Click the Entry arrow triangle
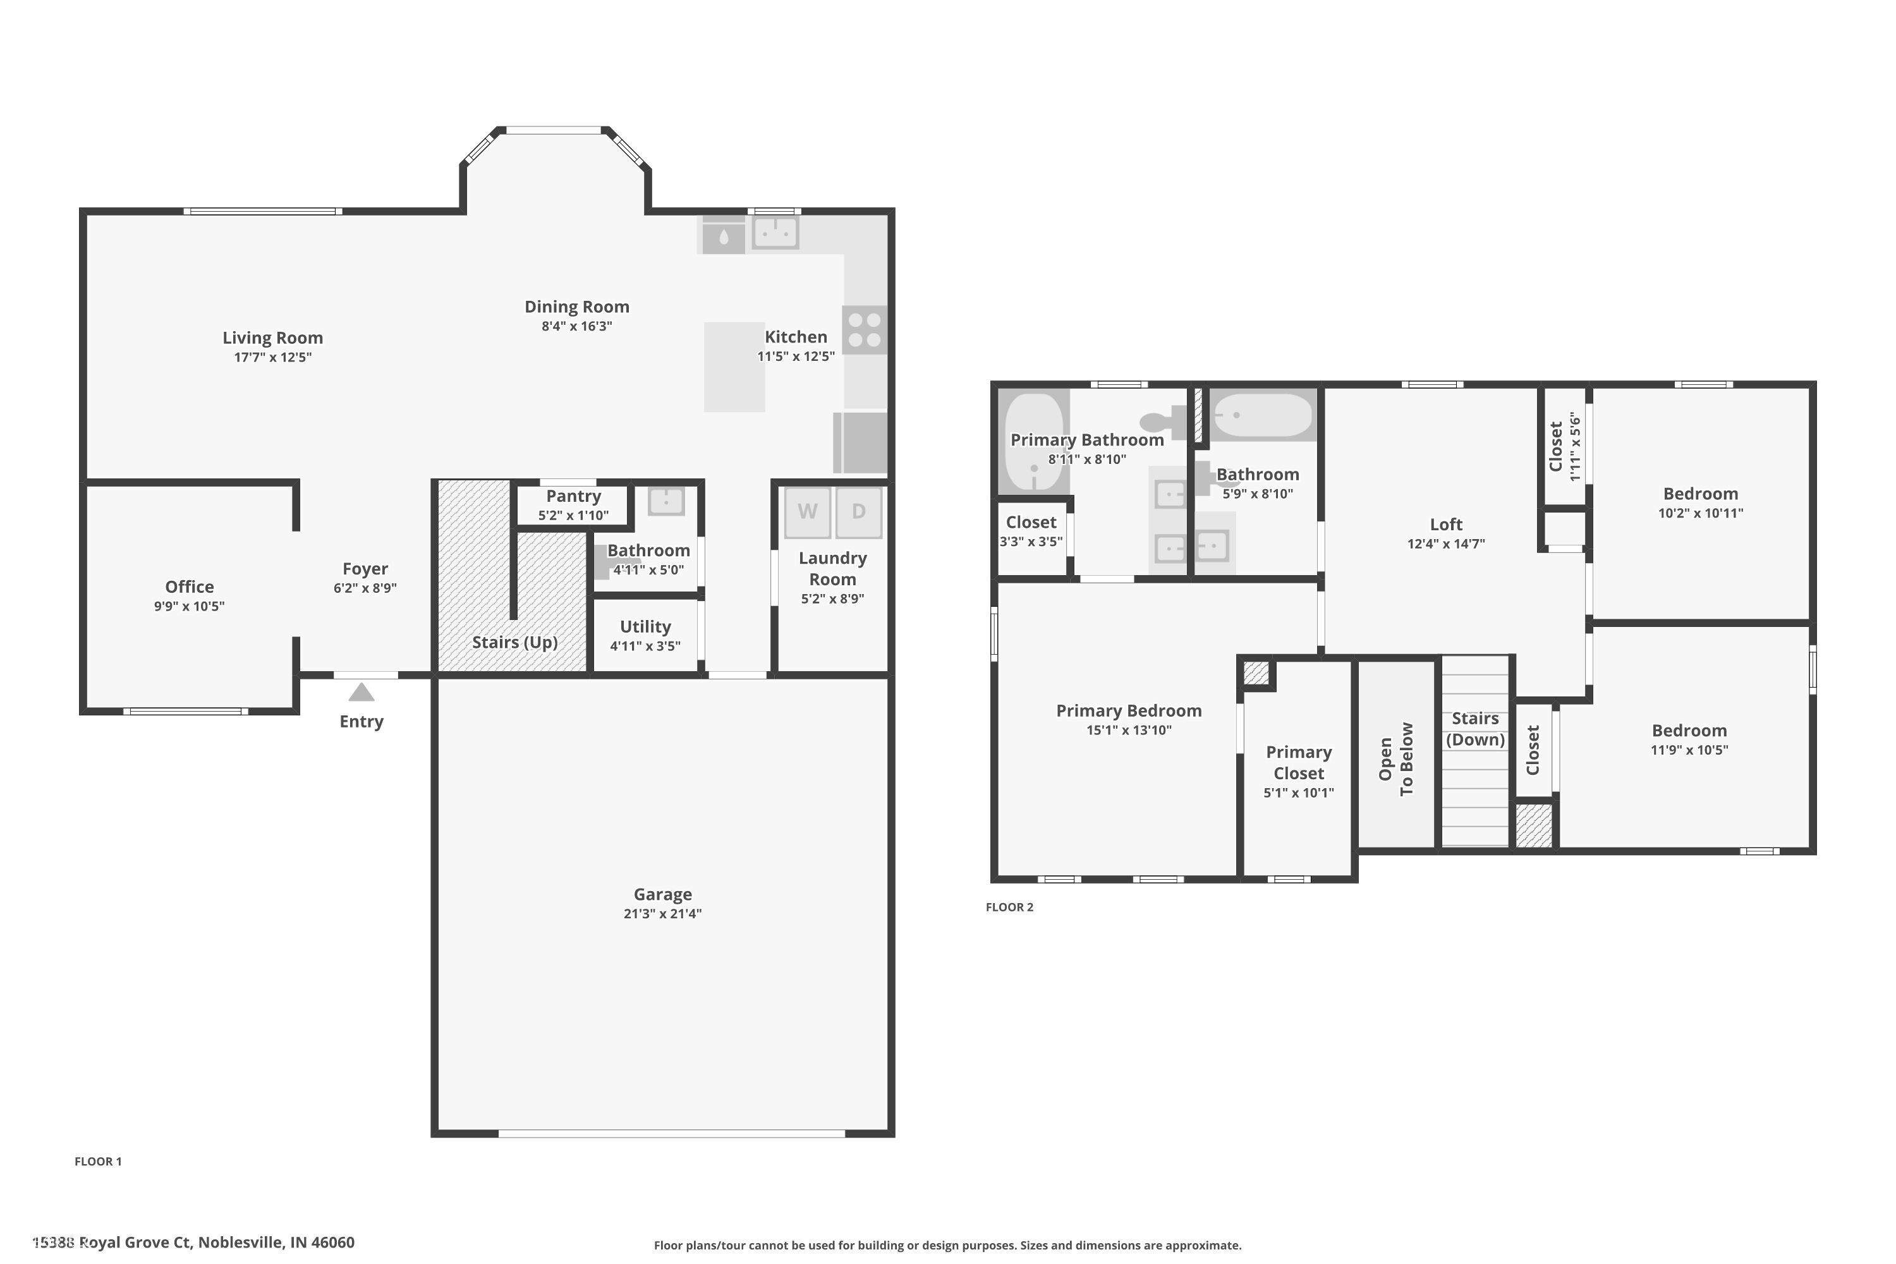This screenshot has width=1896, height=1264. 361,693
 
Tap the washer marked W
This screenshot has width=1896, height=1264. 807,512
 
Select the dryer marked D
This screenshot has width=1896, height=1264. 858,512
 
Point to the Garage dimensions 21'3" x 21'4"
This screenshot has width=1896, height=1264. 662,913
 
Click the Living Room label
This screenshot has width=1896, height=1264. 272,337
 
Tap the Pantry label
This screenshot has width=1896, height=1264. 573,495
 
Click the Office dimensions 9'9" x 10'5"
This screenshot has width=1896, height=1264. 190,606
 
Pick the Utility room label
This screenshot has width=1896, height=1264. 645,626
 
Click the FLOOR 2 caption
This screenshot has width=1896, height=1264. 1009,907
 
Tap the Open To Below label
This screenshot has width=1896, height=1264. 1396,758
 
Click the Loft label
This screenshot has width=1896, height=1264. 1445,524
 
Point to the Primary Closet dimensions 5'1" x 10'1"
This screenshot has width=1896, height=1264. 1298,793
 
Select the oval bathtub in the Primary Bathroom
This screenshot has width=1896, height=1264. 1033,442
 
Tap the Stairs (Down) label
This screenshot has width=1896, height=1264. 1475,729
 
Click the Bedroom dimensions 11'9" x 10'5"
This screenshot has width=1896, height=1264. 1689,750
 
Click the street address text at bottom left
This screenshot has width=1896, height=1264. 193,1243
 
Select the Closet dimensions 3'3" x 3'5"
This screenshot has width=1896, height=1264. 1031,542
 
